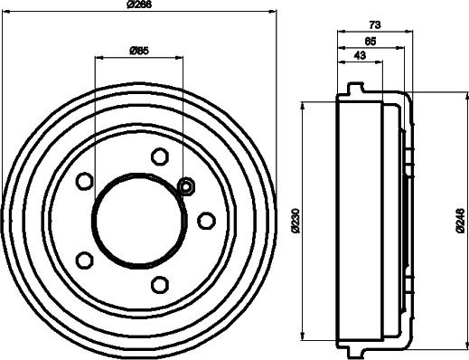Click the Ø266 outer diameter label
coord(139,5)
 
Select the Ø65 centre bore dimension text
coord(139,51)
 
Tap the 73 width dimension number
coord(375,24)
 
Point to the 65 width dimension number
coord(371,41)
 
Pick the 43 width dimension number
coord(361,55)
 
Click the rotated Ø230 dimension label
coord(296,221)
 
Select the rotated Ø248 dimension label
coord(460,221)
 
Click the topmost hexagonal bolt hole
coord(159,156)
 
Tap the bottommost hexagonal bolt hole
coord(159,285)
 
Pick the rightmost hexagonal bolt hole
coord(206,221)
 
